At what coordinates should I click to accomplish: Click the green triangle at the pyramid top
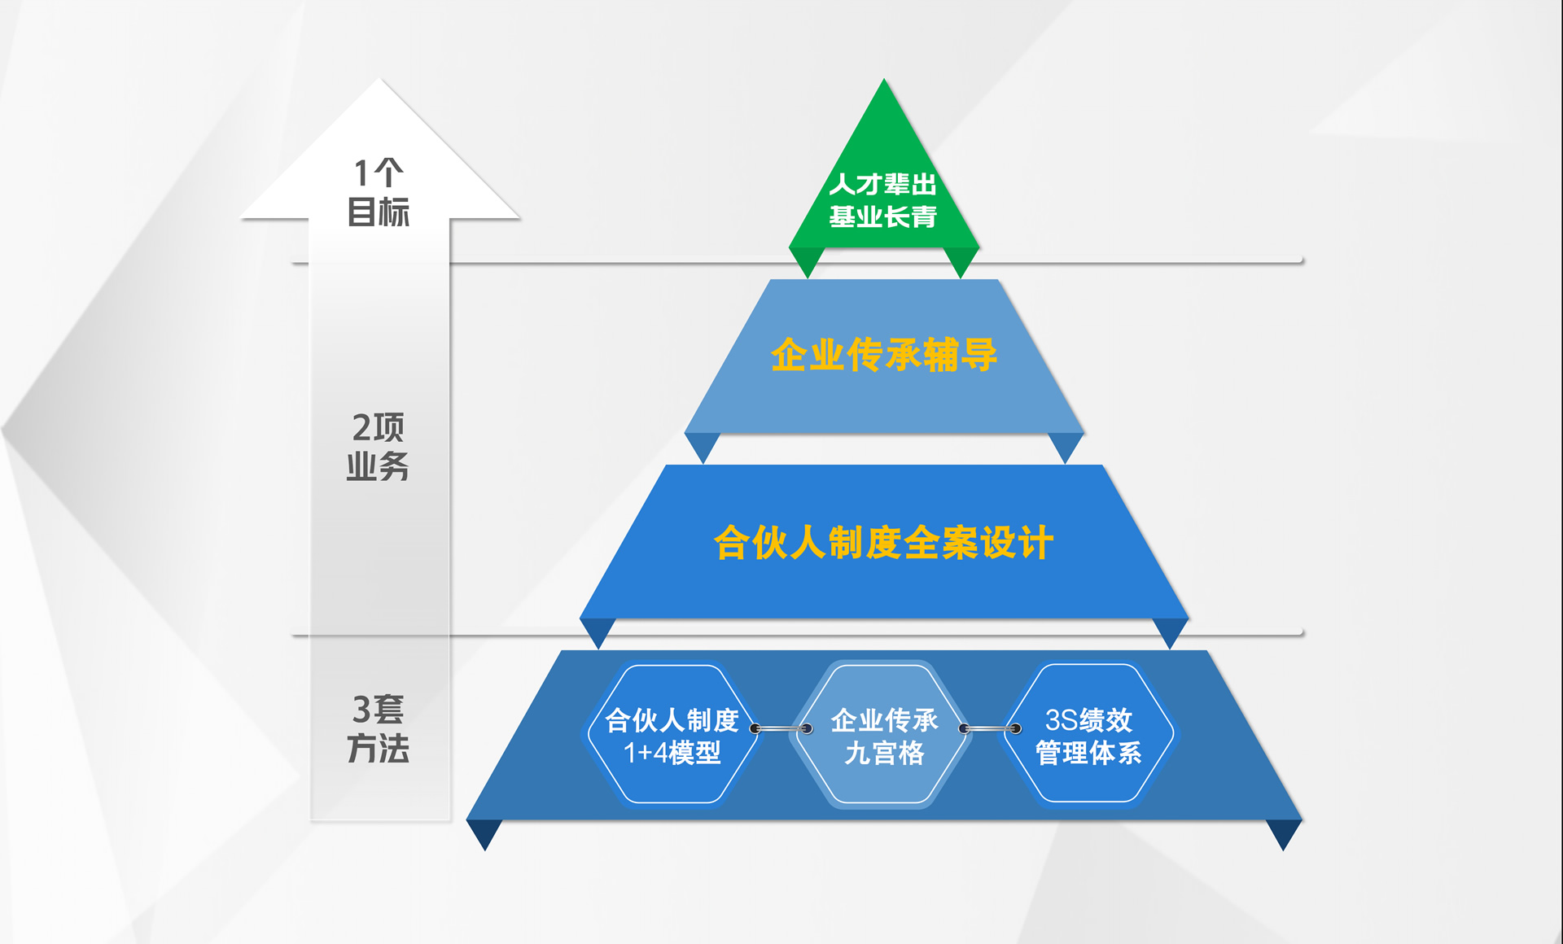point(884,187)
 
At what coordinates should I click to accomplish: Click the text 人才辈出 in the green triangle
point(883,185)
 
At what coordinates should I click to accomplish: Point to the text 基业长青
point(883,216)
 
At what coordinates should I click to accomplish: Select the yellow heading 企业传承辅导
point(884,355)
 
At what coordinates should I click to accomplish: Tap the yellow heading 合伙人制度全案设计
point(884,542)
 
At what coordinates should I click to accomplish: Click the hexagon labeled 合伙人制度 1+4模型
point(672,734)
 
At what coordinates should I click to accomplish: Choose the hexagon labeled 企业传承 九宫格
point(884,734)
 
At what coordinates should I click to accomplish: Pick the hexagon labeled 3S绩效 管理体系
point(1088,734)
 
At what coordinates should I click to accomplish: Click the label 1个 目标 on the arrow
point(379,192)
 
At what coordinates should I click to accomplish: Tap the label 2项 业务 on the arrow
point(379,446)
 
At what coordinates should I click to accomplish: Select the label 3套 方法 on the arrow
point(379,728)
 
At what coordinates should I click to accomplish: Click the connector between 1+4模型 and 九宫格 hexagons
point(781,728)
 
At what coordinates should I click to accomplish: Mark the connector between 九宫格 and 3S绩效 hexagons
point(990,728)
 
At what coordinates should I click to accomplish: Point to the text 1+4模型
point(672,753)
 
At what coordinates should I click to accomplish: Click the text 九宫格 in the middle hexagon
point(885,753)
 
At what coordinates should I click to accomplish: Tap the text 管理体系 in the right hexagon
point(1088,753)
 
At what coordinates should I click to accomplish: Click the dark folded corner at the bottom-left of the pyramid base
point(484,833)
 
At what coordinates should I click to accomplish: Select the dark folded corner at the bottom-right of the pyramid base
point(1285,833)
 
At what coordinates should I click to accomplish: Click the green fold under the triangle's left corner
point(807,261)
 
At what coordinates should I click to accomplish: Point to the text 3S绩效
point(1088,719)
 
